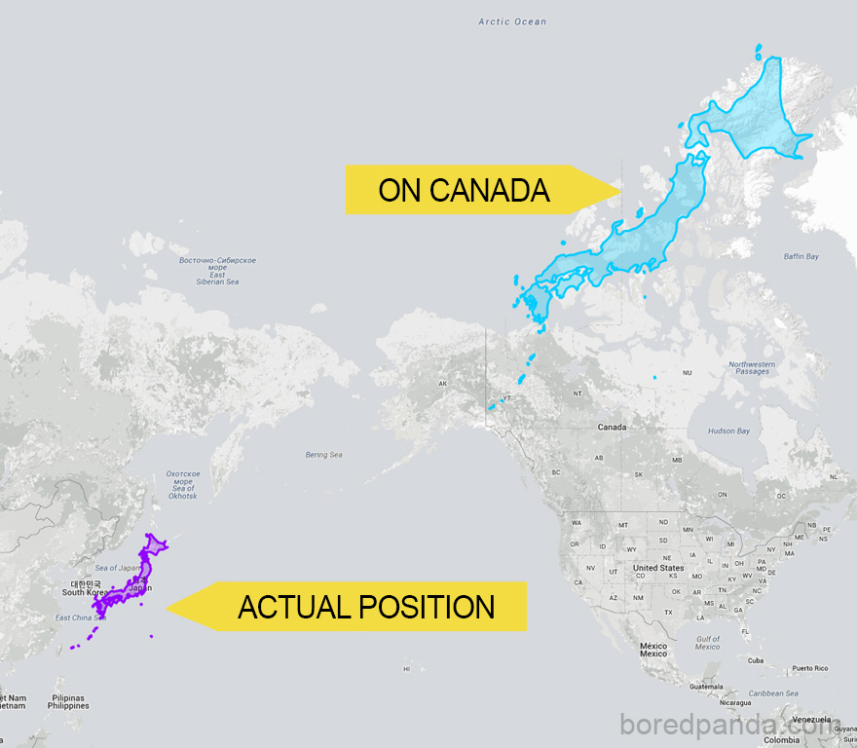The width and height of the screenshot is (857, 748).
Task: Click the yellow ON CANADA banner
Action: click(465, 190)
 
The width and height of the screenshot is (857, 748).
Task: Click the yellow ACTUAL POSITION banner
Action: click(366, 607)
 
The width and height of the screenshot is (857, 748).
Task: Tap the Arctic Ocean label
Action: click(512, 21)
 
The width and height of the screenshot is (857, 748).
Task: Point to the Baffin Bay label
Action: click(801, 256)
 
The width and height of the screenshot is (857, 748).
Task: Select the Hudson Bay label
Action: click(728, 430)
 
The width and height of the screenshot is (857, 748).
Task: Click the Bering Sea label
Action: click(323, 455)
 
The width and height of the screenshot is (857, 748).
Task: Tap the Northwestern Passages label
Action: click(752, 368)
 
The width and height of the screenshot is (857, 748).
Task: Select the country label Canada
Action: click(612, 428)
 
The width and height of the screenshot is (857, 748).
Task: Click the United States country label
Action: click(658, 568)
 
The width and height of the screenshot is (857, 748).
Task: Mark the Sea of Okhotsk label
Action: click(182, 485)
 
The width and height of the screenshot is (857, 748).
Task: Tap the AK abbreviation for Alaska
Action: click(442, 384)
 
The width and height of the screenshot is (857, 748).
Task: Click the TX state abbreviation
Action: click(668, 612)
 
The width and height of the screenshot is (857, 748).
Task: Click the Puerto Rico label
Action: click(808, 668)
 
